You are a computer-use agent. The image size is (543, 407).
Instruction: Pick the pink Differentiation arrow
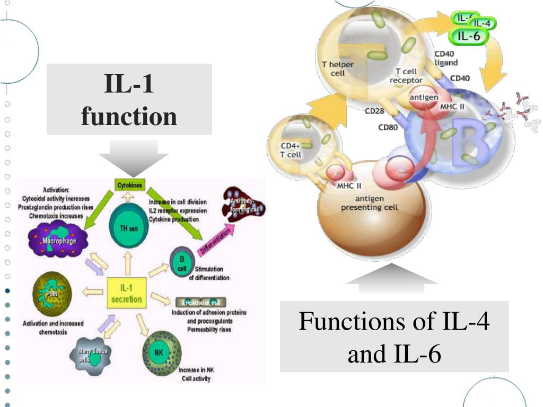pyautogui.click(x=216, y=239)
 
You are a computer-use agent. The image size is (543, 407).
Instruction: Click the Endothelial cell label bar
pyautogui.click(x=200, y=302)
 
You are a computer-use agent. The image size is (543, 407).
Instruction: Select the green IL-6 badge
pyautogui.click(x=469, y=36)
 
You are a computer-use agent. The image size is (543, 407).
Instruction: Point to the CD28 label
pyautogui.click(x=374, y=111)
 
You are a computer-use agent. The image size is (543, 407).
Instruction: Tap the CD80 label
pyautogui.click(x=388, y=127)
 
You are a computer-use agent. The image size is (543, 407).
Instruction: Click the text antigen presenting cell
pyautogui.click(x=369, y=203)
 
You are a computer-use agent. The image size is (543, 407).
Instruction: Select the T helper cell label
pyautogui.click(x=338, y=68)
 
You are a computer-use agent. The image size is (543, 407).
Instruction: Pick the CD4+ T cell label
pyautogui.click(x=291, y=150)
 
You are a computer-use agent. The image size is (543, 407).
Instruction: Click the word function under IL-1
pyautogui.click(x=129, y=116)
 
